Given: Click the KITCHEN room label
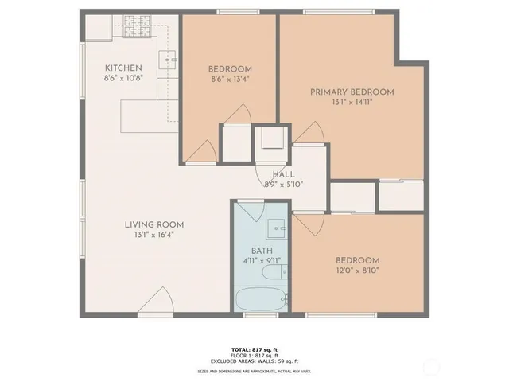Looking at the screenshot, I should coord(123,68).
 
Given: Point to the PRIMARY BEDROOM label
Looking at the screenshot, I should coord(352,92).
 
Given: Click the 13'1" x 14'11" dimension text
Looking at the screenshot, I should coord(352,102).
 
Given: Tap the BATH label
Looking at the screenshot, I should coord(262,251).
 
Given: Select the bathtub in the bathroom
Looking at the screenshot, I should coord(262,301).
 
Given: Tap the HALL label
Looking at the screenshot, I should coord(283,174).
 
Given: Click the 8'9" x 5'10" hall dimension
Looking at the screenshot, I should coord(283,184).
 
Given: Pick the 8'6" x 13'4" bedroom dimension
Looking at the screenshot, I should coord(231,79).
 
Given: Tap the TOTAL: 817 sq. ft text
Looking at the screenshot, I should coord(254,349).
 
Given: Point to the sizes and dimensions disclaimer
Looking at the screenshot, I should coord(254,371).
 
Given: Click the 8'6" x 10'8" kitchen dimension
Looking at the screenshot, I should coord(123,78).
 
